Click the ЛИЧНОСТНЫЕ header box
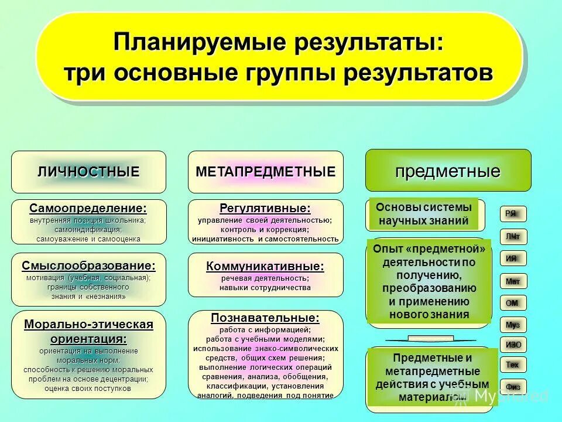coord(88,172)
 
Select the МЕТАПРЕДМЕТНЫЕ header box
coord(265,172)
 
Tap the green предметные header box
coord(448,171)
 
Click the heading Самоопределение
coord(88,209)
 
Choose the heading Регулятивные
coord(265,209)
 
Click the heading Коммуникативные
coord(265,267)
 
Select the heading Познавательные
coord(265,318)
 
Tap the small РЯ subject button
coord(513,214)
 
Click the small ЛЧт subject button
coord(513,236)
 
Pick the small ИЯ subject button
coord(513,258)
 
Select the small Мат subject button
coord(513,281)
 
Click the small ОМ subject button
coord(513,303)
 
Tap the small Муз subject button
coord(513,324)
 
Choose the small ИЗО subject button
coord(513,345)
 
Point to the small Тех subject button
coord(513,365)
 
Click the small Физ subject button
coord(513,387)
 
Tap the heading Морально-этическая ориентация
coord(88,331)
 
